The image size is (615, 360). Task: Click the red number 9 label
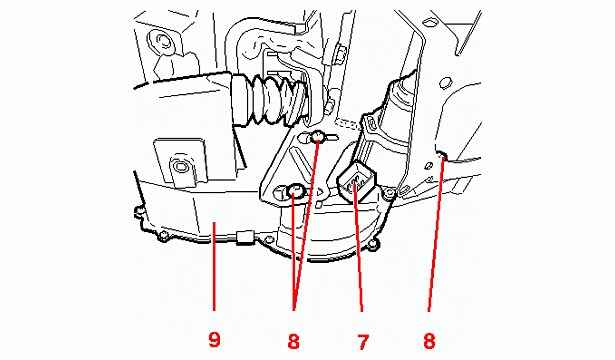(x=214, y=340)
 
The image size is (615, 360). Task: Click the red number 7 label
(x=363, y=341)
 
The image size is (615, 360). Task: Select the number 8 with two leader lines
(x=293, y=341)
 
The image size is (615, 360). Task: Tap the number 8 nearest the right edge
(x=429, y=340)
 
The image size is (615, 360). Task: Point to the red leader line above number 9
(x=214, y=267)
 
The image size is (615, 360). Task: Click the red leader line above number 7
(x=358, y=246)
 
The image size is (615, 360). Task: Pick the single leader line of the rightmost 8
(x=436, y=233)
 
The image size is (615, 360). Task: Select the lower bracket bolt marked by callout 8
(x=294, y=192)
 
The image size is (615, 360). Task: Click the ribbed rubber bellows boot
(x=269, y=101)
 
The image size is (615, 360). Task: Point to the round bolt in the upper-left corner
(x=161, y=40)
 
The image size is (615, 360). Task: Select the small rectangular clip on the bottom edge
(x=244, y=238)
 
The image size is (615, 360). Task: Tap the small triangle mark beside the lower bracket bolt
(x=320, y=192)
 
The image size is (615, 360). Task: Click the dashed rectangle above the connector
(x=348, y=124)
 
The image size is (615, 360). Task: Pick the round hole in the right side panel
(x=444, y=83)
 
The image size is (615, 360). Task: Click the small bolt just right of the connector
(x=389, y=192)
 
